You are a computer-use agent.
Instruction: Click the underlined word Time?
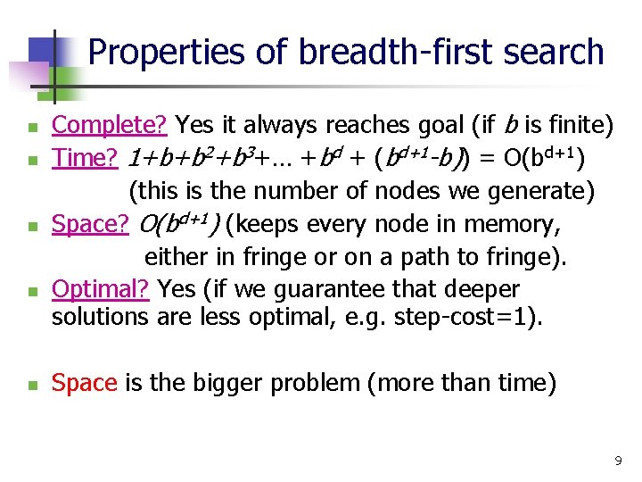click(86, 159)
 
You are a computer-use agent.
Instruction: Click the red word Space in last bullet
click(85, 383)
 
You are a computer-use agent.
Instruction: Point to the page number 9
click(618, 461)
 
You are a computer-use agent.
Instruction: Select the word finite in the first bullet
click(576, 127)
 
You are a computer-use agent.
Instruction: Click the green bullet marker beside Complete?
click(32, 129)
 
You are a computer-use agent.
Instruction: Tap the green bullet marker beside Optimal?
click(32, 292)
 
